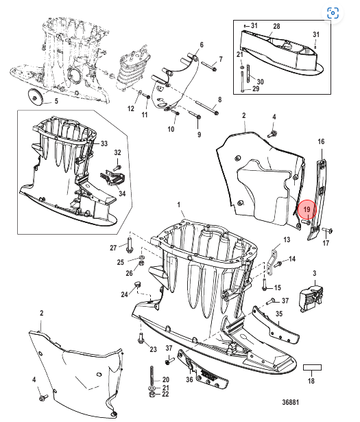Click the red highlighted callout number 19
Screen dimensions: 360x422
[x=307, y=210]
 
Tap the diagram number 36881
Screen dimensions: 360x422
[x=290, y=402]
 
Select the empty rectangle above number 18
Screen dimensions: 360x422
[x=312, y=368]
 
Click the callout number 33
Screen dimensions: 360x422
[x=104, y=143]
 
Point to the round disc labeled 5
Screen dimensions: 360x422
[x=34, y=96]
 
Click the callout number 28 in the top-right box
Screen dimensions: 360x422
[x=276, y=26]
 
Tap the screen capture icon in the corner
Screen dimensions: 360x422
[x=333, y=13]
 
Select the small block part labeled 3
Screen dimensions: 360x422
[x=311, y=298]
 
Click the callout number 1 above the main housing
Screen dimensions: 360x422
[x=178, y=204]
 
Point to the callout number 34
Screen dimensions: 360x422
[x=122, y=194]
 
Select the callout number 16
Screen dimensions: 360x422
[x=321, y=141]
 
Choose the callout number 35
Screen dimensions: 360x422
[x=279, y=314]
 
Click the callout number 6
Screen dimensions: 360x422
[x=202, y=45]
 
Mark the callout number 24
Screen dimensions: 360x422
[x=124, y=294]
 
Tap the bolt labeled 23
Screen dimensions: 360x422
[x=141, y=338]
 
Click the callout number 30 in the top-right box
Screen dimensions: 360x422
[x=260, y=82]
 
